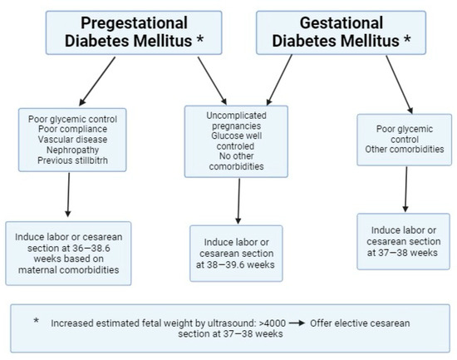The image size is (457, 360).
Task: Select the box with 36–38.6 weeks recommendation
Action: click(x=68, y=253)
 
